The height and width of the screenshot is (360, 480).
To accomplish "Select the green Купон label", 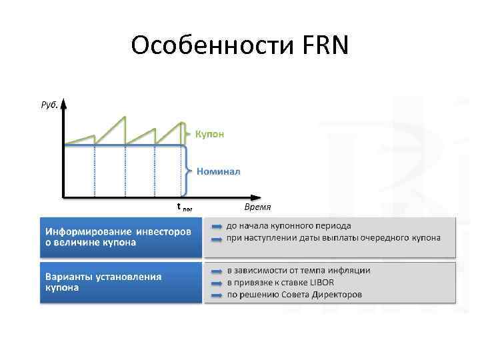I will pos(209,133).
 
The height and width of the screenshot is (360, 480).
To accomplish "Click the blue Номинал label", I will pos(219,171).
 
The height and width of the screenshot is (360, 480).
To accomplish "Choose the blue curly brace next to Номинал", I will pos(189,171).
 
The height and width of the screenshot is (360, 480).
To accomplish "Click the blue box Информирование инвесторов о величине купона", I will pos(121,237).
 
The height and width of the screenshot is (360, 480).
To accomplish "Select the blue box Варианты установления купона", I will pos(121,283).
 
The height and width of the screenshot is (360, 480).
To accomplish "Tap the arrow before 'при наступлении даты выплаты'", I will pos(217,238).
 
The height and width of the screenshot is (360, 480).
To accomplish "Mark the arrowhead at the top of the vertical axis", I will pos(63,104).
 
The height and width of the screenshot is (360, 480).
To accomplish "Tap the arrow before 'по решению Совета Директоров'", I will pos(217,294).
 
